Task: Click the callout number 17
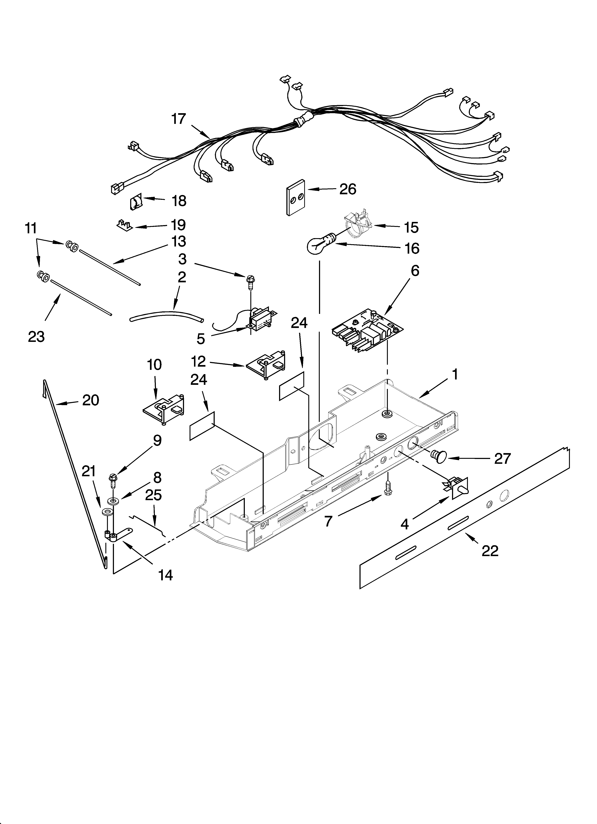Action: coord(178,119)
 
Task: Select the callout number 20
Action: coord(90,400)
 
